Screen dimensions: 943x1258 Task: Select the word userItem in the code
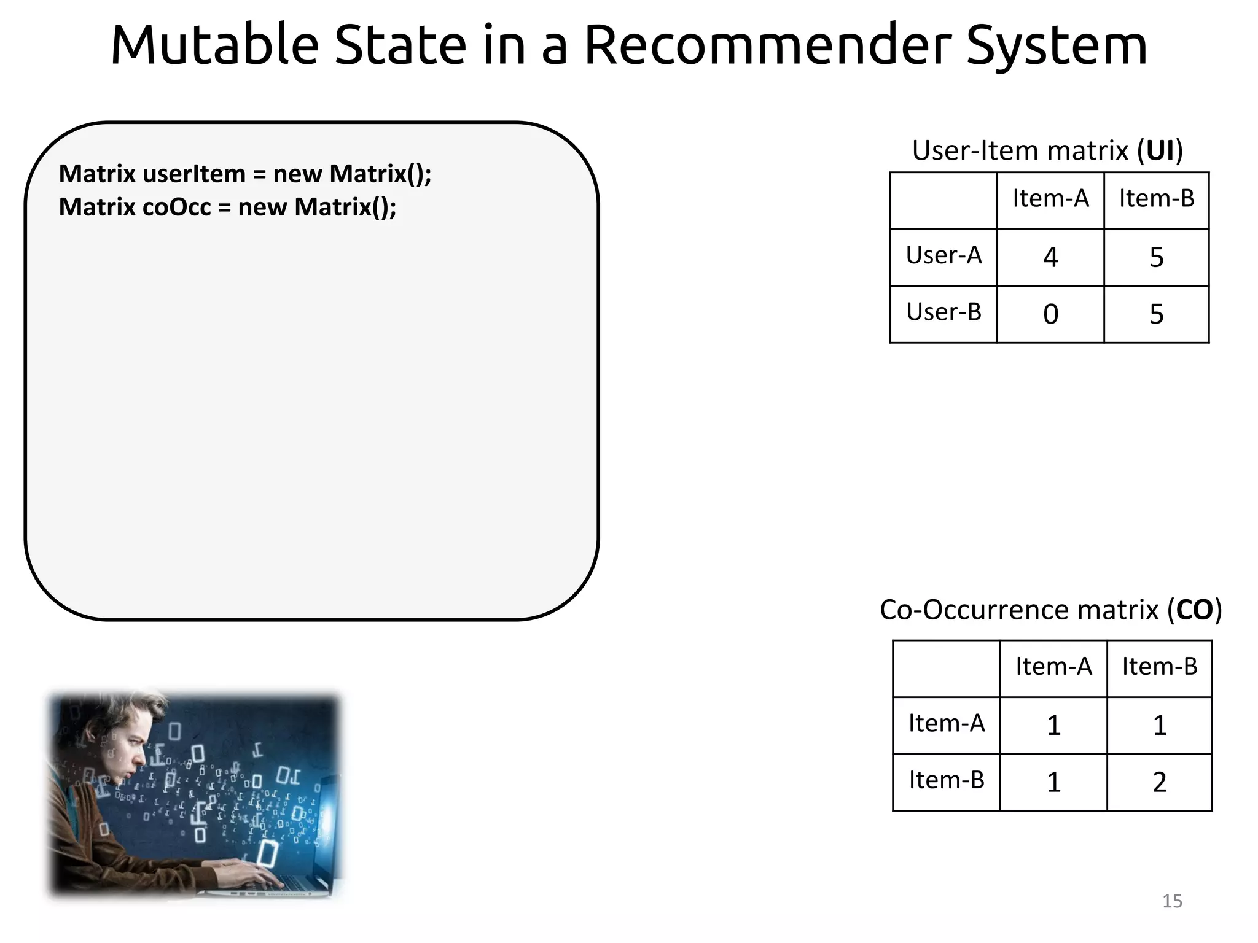click(x=194, y=174)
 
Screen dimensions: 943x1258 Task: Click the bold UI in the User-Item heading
click(x=1160, y=150)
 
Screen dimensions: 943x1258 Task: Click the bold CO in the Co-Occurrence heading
click(x=1194, y=610)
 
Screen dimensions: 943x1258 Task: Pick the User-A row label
click(x=943, y=255)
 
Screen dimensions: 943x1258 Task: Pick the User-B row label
click(x=943, y=312)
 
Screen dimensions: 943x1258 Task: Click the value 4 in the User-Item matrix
click(x=1050, y=257)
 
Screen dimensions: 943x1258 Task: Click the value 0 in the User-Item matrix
click(x=1050, y=314)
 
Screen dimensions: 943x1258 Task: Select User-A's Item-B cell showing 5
click(x=1156, y=257)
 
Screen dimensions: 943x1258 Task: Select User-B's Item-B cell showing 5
click(x=1156, y=314)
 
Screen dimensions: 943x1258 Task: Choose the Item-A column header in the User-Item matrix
click(x=1050, y=199)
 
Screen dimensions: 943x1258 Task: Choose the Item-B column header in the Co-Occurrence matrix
click(x=1160, y=667)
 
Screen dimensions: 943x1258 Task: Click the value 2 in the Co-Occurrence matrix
click(x=1159, y=782)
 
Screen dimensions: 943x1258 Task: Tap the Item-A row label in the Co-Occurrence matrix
click(x=947, y=724)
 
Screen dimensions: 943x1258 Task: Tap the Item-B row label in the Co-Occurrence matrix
click(x=947, y=780)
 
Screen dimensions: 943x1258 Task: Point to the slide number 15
click(x=1172, y=901)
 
